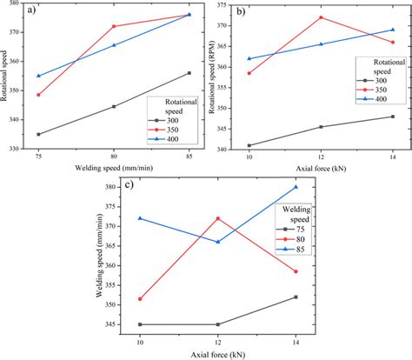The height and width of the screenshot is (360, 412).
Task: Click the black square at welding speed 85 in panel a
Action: (x=189, y=73)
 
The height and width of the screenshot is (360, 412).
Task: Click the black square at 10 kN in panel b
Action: (x=249, y=145)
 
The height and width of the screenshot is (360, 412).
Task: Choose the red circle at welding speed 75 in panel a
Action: (x=38, y=95)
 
